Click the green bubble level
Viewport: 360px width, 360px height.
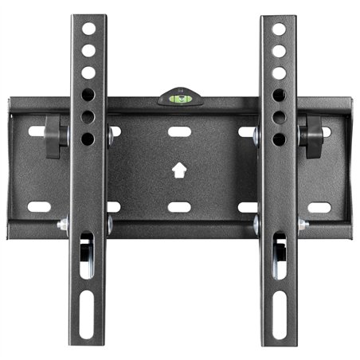point(179,98)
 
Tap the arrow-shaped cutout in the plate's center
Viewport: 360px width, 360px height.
point(179,170)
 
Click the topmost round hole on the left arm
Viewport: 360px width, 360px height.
point(88,29)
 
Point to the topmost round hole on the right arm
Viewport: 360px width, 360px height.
point(279,29)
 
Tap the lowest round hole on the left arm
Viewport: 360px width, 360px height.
point(88,139)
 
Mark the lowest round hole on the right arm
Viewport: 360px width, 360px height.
point(279,139)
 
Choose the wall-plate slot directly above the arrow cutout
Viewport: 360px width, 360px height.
point(179,130)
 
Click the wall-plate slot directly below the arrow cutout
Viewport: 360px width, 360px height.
point(179,207)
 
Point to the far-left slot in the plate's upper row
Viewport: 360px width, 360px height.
point(37,130)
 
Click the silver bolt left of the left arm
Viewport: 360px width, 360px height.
point(63,226)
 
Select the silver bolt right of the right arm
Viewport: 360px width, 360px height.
point(303,226)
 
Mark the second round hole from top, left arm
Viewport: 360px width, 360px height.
point(88,51)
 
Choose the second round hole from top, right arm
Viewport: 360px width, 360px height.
point(279,51)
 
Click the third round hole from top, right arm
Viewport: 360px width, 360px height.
point(279,72)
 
